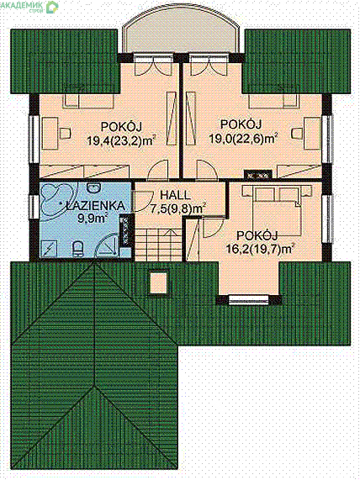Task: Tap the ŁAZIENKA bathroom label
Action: (x=96, y=206)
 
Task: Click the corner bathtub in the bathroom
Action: (x=56, y=201)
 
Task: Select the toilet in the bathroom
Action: (x=78, y=249)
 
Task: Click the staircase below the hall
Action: (x=159, y=245)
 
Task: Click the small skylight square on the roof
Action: (x=158, y=282)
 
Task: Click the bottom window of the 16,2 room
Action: (x=247, y=300)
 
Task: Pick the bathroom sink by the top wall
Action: (x=92, y=187)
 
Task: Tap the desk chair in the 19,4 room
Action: (x=66, y=133)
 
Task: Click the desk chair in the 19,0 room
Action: (x=296, y=133)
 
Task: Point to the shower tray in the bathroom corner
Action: (x=49, y=248)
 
